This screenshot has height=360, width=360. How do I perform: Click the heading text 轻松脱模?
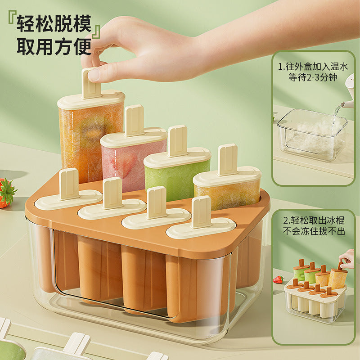coord(54,23)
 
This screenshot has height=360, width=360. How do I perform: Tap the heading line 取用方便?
coord(54,47)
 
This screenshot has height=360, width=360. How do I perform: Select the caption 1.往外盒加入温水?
coord(313,67)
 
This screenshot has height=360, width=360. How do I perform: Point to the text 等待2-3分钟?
coord(313,77)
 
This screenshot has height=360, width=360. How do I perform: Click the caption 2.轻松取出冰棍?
coord(314,220)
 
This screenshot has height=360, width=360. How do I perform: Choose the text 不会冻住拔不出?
coord(314,231)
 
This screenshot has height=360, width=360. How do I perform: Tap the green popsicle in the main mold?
coord(177,175)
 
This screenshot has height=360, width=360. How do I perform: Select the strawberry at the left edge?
coord(7,193)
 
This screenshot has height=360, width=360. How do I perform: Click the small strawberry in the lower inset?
coord(279,279)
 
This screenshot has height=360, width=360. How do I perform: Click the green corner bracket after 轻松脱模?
coord(96,31)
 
